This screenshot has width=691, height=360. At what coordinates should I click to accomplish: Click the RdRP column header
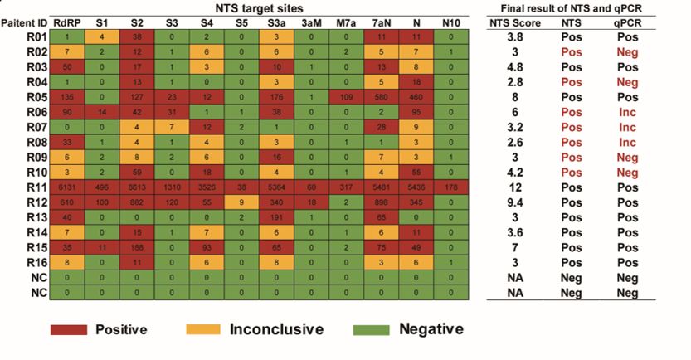click(x=66, y=23)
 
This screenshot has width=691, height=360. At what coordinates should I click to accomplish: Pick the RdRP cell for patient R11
click(x=66, y=189)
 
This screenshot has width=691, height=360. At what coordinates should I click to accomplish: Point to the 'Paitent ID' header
click(x=23, y=23)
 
